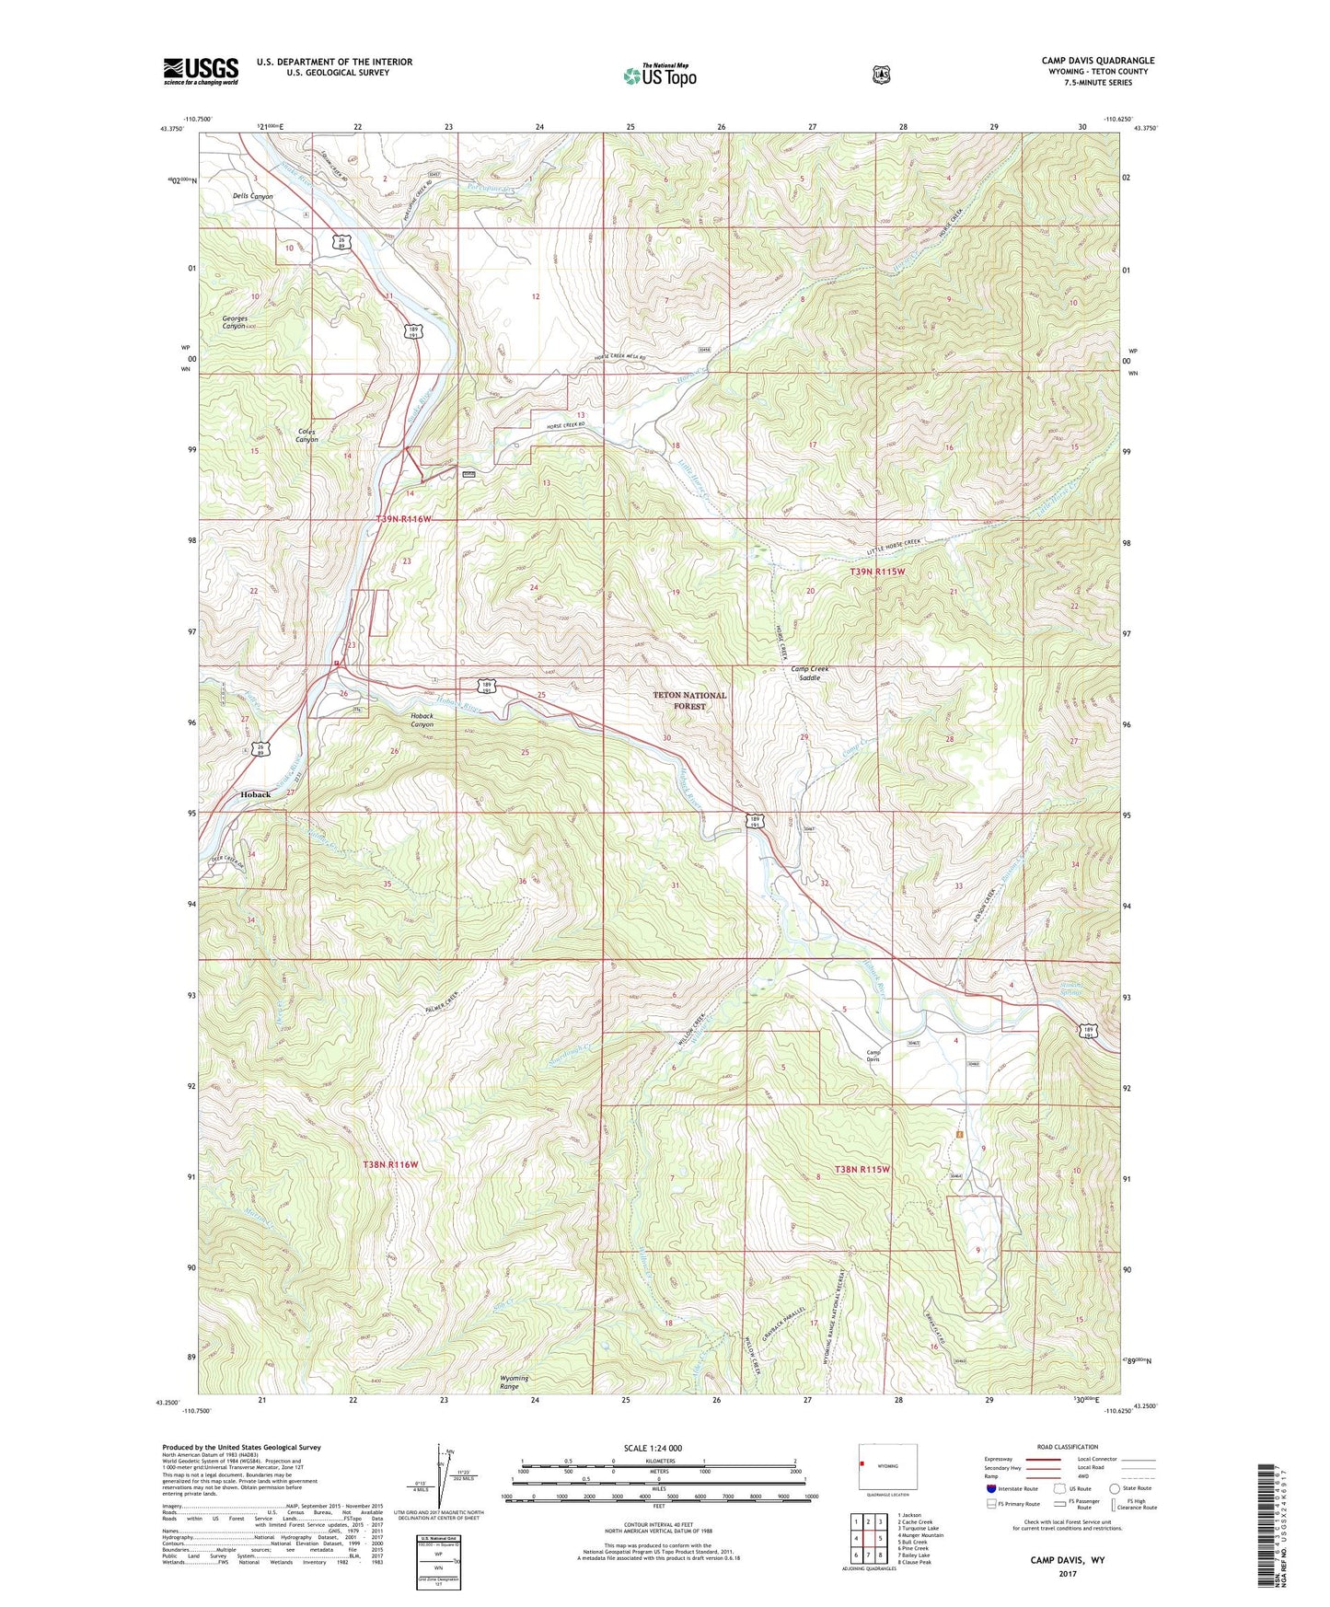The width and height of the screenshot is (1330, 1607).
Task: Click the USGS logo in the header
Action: click(x=201, y=71)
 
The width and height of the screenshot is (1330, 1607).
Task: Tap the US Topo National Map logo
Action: click(x=659, y=75)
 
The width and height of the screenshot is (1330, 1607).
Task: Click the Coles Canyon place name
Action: click(x=306, y=435)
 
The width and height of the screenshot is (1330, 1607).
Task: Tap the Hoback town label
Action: click(x=255, y=794)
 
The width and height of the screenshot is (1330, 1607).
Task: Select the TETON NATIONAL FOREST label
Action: click(x=689, y=700)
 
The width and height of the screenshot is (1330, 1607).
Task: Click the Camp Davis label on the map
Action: click(x=873, y=1056)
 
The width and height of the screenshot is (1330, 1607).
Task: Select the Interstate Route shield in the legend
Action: click(x=990, y=1488)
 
